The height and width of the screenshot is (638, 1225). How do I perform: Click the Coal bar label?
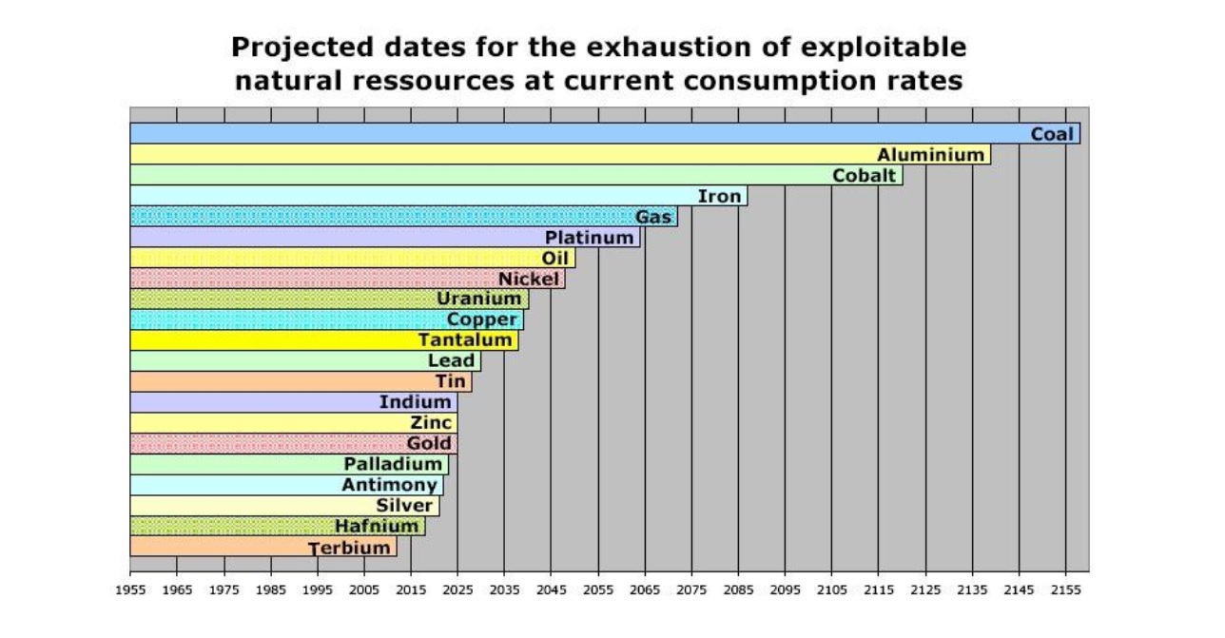[x=1052, y=134]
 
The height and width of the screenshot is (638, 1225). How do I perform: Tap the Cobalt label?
[x=864, y=176]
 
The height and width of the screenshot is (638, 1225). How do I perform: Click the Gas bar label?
[x=654, y=217]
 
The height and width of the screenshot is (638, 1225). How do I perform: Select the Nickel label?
[x=529, y=279]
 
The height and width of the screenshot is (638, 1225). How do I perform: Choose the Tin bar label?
[x=451, y=381]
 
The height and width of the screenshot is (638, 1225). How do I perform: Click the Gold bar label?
[x=429, y=444]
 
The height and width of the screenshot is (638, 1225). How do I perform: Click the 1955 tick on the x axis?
[x=130, y=590]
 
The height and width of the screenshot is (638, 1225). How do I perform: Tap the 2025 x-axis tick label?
[x=457, y=590]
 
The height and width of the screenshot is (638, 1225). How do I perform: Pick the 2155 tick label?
[x=1066, y=590]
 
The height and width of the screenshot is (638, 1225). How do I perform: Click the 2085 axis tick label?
[x=738, y=590]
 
